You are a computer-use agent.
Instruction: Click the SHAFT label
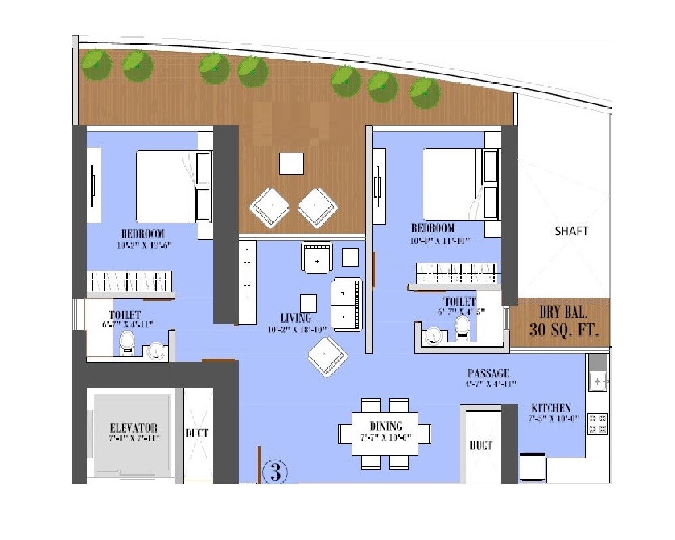[571, 231]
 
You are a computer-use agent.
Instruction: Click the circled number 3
[274, 472]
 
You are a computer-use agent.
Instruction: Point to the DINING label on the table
[385, 426]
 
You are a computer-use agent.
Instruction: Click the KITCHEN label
[551, 408]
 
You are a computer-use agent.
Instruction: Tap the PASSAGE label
[488, 373]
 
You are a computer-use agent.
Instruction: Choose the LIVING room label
[296, 318]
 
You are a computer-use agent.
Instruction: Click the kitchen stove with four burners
[597, 423]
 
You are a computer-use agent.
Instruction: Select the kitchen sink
[597, 381]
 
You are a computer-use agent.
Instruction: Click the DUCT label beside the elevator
[197, 433]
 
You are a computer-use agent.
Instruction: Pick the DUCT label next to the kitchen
[481, 445]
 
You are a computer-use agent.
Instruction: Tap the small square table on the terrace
[292, 163]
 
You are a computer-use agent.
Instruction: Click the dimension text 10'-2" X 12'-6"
[139, 246]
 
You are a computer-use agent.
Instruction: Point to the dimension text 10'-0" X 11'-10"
[439, 240]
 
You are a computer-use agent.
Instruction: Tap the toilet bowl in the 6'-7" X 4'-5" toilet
[462, 326]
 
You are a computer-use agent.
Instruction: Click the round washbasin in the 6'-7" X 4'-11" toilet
[156, 350]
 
